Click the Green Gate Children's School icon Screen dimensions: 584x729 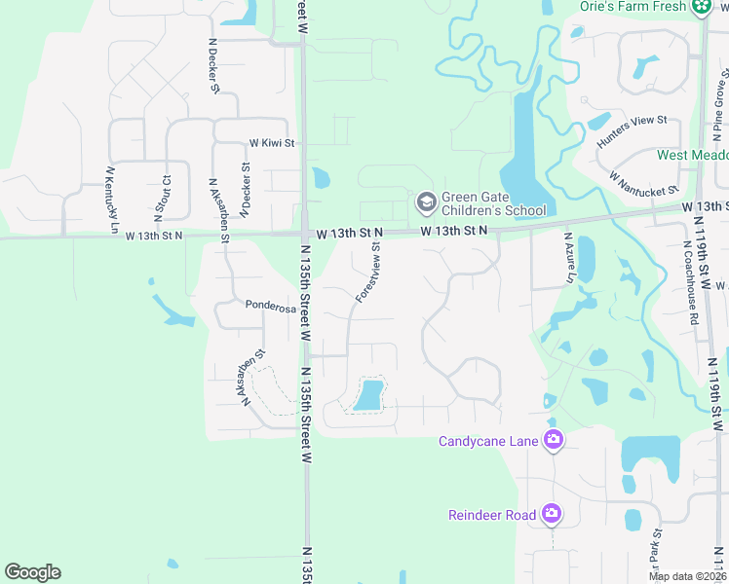click(425, 202)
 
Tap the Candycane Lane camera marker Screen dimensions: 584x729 click(554, 441)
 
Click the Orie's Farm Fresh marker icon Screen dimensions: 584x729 click(700, 7)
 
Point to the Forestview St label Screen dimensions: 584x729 click(367, 273)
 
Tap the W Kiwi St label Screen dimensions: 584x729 click(271, 143)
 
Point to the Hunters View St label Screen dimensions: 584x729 click(631, 132)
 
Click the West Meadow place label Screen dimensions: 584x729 click(693, 155)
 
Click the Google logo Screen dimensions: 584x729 click(32, 571)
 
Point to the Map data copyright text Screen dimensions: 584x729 click(687, 576)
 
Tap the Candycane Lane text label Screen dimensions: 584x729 click(488, 442)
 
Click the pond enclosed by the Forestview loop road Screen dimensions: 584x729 click(368, 395)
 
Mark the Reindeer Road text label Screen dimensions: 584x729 click(493, 515)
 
